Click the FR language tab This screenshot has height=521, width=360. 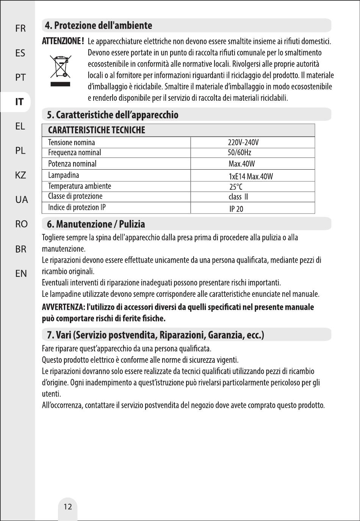[x=20, y=28]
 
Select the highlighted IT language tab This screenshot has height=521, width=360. [x=19, y=102]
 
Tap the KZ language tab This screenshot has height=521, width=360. [x=20, y=175]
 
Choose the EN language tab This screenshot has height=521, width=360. [x=21, y=273]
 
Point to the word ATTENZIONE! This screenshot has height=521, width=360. [x=63, y=41]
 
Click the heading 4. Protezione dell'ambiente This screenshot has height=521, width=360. [x=99, y=25]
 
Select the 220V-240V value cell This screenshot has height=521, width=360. [x=243, y=142]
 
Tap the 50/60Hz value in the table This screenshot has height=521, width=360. [x=239, y=153]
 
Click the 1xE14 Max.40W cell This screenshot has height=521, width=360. [x=251, y=176]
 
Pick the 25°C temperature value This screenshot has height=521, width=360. [x=236, y=187]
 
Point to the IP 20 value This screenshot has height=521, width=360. [x=236, y=209]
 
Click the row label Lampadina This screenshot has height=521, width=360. [x=64, y=175]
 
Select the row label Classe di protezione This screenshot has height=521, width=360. [x=75, y=196]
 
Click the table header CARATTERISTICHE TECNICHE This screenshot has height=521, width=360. [x=97, y=130]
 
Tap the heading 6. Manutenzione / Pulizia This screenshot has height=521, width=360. [x=96, y=224]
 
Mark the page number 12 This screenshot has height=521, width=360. [x=67, y=507]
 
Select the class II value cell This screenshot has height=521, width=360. [x=238, y=197]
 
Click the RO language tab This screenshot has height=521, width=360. [x=21, y=224]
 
